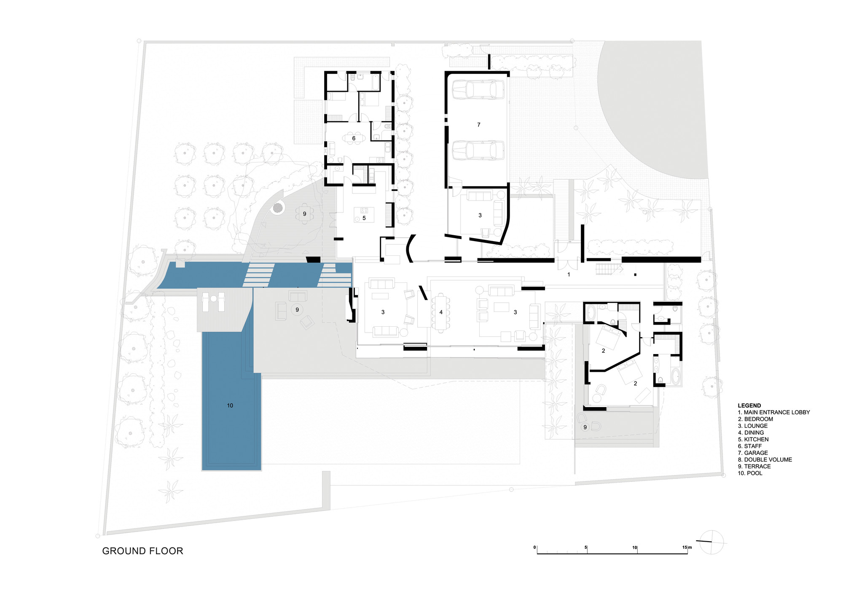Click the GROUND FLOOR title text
pos(142,551)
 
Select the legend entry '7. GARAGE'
pos(753,453)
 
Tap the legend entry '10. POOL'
pos(750,473)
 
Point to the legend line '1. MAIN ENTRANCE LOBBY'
pos(774,412)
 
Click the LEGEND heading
pos(749,405)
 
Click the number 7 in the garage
pos(479,125)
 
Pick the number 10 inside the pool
pos(230,405)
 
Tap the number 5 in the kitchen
pos(364,218)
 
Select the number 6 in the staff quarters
pos(354,138)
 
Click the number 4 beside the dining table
pos(441,312)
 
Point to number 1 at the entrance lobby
pos(569,274)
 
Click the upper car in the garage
pos(478,89)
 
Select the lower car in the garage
pos(478,150)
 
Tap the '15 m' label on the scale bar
pos(687,548)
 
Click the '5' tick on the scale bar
pos(586,548)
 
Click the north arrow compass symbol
pos(711,542)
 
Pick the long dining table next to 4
pos(440,312)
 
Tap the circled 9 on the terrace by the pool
pos(297,310)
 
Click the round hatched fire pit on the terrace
pos(278,207)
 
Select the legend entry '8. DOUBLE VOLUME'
pos(765,459)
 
